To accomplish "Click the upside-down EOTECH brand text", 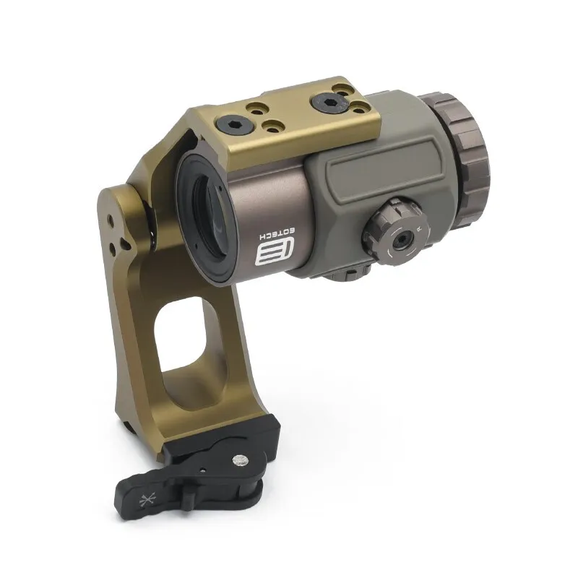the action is (x=277, y=233).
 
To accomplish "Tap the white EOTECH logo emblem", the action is (x=275, y=251).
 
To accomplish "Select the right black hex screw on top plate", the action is (x=329, y=100).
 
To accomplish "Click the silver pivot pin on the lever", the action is (x=241, y=460).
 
